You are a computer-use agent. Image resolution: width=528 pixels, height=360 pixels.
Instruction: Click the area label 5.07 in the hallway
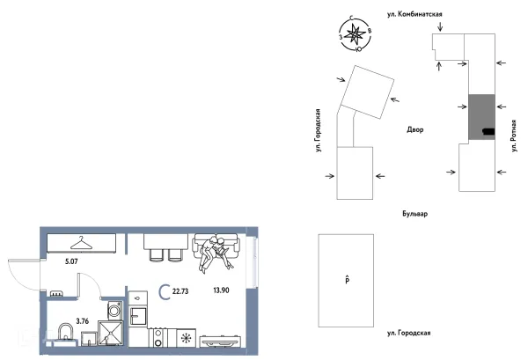[71, 261]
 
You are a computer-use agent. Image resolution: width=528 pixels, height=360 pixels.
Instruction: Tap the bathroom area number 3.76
[83, 321]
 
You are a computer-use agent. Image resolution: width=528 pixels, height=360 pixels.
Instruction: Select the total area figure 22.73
[180, 291]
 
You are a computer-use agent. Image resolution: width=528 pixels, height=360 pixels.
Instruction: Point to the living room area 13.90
[221, 290]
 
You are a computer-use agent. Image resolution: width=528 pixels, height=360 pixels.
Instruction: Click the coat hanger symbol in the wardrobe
[81, 243]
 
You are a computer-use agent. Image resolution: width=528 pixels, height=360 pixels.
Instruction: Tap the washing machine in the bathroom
[114, 310]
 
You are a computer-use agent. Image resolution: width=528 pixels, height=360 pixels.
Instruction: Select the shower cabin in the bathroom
[110, 333]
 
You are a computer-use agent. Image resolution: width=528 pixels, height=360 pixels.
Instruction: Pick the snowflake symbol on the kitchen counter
[186, 338]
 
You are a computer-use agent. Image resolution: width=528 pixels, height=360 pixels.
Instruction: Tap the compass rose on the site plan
[356, 34]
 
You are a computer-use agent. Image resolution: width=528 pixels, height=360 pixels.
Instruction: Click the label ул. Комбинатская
[414, 14]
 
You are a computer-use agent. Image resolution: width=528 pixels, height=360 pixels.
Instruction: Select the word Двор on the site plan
[415, 129]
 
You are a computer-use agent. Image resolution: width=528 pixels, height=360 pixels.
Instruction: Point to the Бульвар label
[415, 214]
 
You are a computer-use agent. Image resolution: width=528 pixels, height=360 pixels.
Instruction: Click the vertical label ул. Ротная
[514, 136]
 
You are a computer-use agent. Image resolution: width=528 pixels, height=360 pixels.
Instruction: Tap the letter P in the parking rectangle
[348, 280]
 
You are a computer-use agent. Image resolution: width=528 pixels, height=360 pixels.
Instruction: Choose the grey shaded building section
[481, 117]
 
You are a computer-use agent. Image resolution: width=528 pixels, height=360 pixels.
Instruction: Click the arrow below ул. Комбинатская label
[441, 26]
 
